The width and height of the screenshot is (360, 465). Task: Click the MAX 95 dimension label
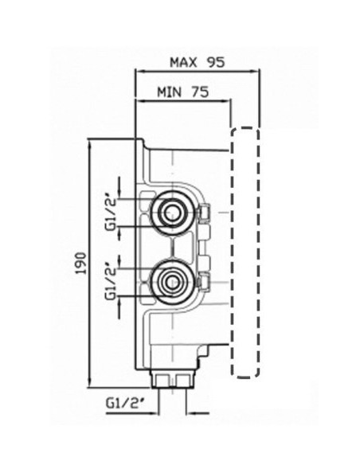point(198,62)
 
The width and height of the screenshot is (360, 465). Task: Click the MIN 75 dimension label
point(183,92)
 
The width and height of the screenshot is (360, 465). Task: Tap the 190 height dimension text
point(81,263)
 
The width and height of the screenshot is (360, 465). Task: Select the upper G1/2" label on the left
point(112,213)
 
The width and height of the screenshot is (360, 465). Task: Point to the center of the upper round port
point(171,213)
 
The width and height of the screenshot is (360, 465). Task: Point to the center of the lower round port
point(171,282)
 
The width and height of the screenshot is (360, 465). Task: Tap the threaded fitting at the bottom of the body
point(172,380)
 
